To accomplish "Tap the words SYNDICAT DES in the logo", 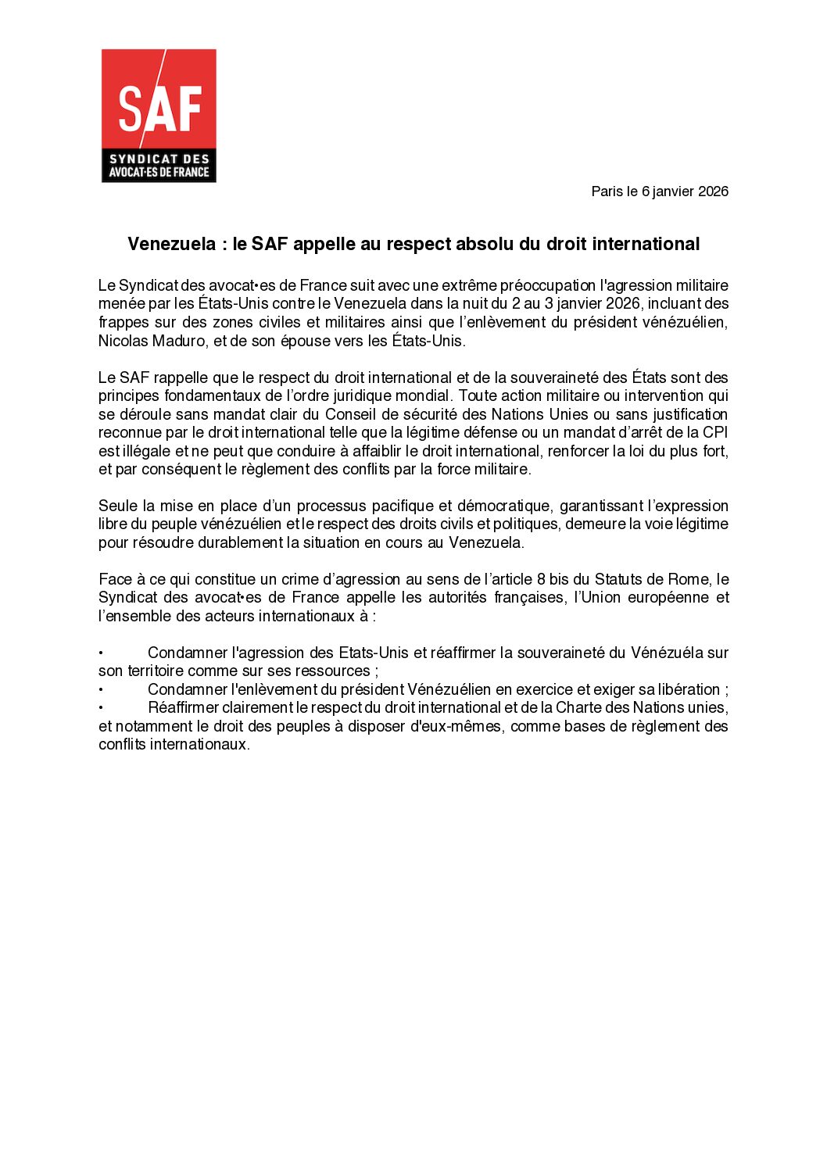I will pos(159,159).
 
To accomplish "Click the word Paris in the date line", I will pos(607,191).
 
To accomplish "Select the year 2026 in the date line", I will pos(713,191).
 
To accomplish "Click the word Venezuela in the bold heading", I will pos(171,244).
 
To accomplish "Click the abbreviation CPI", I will pos(715,432).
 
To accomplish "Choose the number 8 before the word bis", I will pos(541,579).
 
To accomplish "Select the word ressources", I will pos(332,671).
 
